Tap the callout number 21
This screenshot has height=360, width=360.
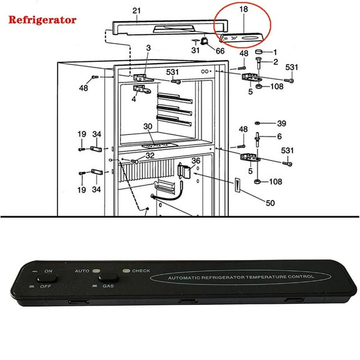137,11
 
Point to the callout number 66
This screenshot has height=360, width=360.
219,51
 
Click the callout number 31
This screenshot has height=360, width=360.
196,51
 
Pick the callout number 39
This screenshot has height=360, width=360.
282,123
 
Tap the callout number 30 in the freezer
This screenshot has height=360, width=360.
147,126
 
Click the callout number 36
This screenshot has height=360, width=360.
196,161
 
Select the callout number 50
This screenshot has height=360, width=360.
270,203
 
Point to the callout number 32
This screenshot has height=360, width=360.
150,156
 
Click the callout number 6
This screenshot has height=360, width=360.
279,136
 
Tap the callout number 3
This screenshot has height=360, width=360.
148,48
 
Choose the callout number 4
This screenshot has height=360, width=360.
134,98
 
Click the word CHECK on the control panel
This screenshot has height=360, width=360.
141,271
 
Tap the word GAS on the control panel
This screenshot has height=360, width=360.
108,286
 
